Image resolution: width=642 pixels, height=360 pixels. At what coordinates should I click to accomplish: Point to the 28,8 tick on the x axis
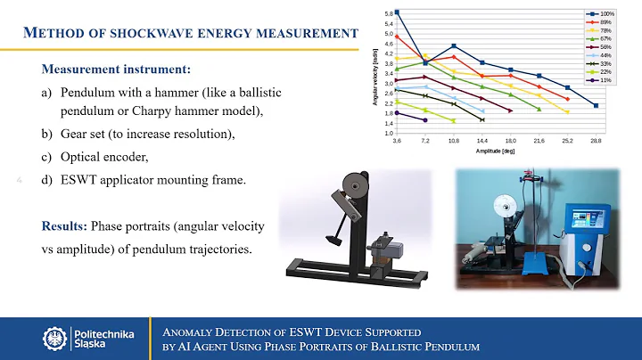coord(596,142)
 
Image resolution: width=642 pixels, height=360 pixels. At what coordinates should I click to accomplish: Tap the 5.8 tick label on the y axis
coord(389,14)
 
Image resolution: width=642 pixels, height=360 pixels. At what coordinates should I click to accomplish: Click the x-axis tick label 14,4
coord(482,142)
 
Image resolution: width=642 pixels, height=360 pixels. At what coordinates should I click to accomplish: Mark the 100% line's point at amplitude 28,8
coord(596,105)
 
